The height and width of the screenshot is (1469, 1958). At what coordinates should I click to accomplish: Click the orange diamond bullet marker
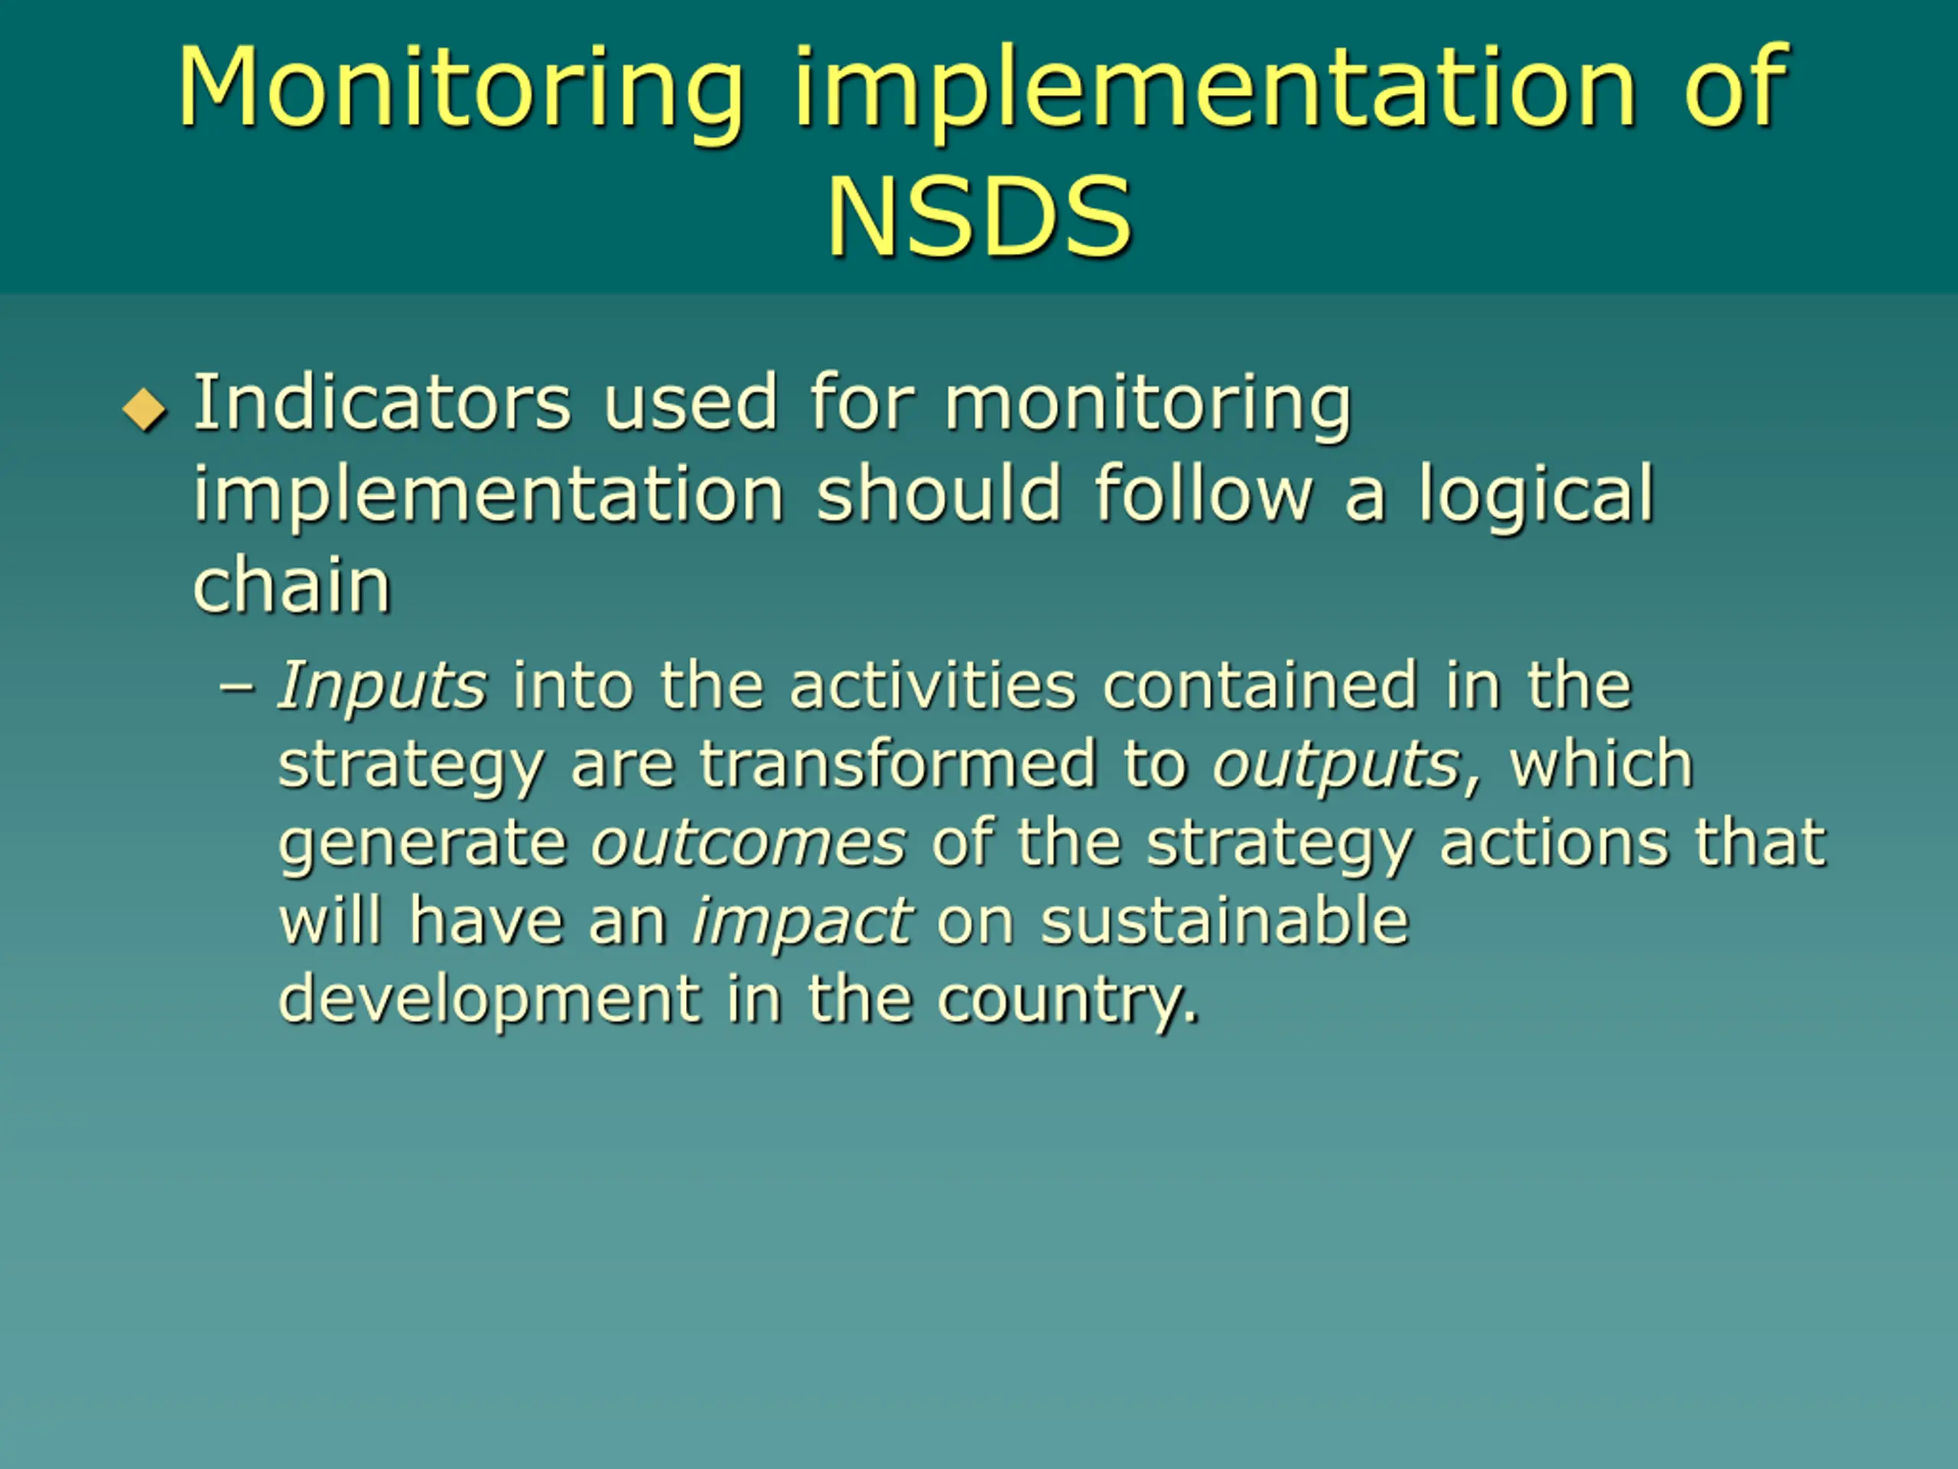(x=145, y=409)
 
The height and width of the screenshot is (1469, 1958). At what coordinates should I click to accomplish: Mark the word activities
(x=933, y=686)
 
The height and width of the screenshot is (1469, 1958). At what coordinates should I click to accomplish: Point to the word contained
(x=1260, y=686)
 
